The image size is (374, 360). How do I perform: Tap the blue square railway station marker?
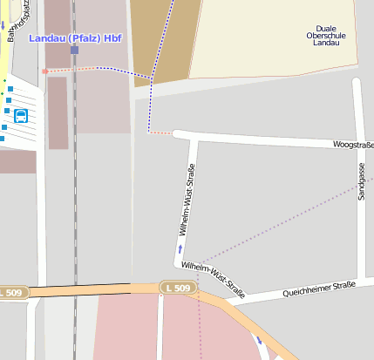pos(74,50)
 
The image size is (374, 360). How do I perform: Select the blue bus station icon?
pos(21,115)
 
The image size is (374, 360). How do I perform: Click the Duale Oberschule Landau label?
pos(324,34)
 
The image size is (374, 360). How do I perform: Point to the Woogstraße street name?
pos(352,144)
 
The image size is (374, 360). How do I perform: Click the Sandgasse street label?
pos(361,182)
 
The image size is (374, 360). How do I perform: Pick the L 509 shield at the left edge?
pos(11,293)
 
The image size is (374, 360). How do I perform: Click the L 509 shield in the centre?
pos(178,287)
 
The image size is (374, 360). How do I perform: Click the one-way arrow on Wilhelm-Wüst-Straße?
pos(180,249)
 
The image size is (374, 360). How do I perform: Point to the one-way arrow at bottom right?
pos(258,339)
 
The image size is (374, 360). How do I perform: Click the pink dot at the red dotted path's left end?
pos(44,71)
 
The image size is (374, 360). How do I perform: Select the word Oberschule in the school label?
pos(324,34)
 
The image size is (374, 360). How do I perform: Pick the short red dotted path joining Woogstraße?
pos(160,133)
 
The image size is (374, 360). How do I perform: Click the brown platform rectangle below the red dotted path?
pos(58,112)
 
